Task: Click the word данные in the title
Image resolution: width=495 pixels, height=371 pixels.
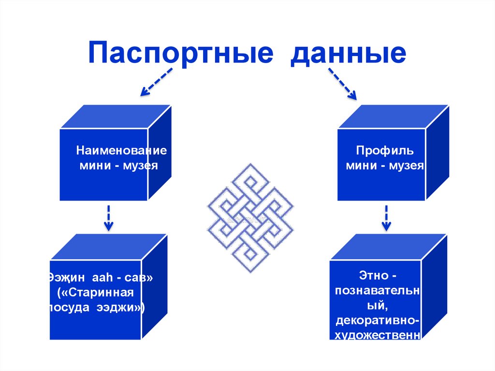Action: point(348,53)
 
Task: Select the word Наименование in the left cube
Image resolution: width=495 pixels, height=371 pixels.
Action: point(121,150)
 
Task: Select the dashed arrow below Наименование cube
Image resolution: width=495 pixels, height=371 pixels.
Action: point(108,217)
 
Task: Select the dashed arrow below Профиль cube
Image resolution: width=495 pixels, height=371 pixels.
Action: point(386,217)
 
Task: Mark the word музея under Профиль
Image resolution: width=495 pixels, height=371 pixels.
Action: point(407,166)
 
